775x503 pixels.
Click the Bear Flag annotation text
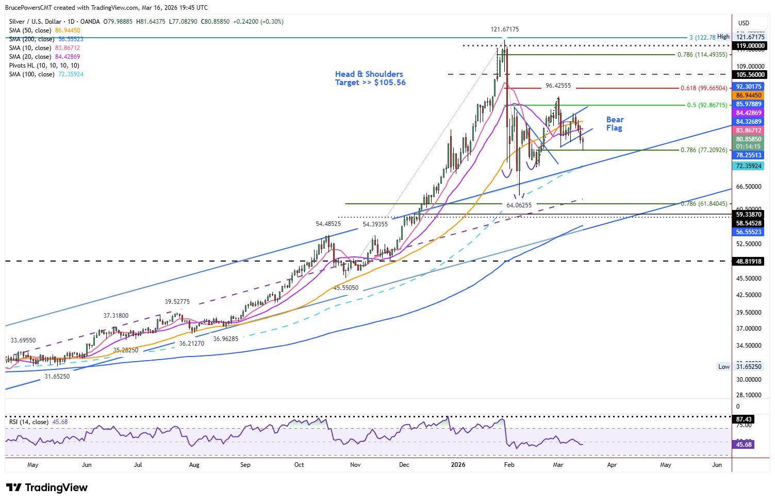(x=614, y=124)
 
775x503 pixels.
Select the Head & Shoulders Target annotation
(x=370, y=78)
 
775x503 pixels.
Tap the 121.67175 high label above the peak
(x=504, y=29)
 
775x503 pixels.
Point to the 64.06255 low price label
(x=519, y=205)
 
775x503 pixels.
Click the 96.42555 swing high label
(x=558, y=86)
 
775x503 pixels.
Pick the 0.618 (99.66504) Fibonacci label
(x=704, y=88)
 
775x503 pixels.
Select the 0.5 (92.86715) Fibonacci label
(x=707, y=105)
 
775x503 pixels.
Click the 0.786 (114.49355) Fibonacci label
(x=702, y=55)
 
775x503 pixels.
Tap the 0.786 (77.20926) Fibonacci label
(x=704, y=150)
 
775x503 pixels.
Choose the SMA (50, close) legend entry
(x=45, y=30)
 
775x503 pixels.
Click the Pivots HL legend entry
(x=44, y=66)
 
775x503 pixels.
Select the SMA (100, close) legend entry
(x=46, y=74)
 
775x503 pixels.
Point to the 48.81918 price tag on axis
(x=749, y=262)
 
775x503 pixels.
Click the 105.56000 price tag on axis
(x=750, y=75)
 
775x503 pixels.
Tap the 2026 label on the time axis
(x=458, y=465)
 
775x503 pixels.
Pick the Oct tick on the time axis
(x=299, y=465)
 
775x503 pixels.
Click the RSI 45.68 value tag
(x=744, y=444)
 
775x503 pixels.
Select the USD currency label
(x=744, y=23)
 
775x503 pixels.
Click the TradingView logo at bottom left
(x=47, y=488)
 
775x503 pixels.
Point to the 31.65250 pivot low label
(x=57, y=377)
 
